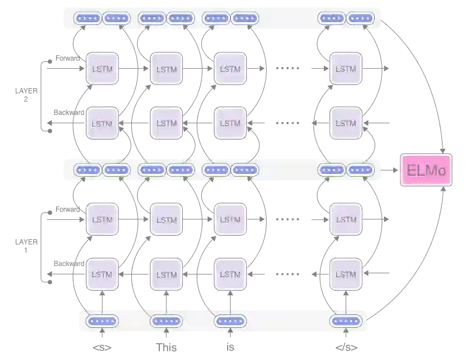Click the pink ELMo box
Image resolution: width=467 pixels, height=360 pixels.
426,170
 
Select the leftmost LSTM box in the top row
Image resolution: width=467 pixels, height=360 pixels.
102,69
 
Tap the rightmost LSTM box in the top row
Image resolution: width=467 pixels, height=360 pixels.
346,69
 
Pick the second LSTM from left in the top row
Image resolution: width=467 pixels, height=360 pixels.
166,69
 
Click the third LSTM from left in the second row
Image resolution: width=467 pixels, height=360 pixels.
231,124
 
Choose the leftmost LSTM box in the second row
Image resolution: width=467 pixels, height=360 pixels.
102,124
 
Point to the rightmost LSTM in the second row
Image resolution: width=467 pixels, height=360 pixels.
346,124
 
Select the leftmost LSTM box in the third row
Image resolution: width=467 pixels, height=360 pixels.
102,220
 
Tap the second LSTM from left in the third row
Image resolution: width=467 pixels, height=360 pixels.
166,220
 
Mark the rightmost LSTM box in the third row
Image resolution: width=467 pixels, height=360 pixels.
346,220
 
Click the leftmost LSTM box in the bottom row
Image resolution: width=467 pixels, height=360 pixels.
102,274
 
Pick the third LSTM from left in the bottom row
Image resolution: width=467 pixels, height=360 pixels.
231,274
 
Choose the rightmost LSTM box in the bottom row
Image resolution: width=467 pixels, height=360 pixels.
346,274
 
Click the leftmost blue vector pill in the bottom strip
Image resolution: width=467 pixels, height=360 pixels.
102,321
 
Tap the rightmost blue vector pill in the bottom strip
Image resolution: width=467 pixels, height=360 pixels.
346,321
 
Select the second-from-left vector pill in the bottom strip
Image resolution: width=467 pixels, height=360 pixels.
166,321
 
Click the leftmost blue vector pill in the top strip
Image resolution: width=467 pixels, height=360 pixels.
88,18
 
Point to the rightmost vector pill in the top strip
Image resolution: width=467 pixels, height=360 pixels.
361,18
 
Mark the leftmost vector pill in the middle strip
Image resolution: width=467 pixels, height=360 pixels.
88,170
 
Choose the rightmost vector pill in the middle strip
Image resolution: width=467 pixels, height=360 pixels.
361,170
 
